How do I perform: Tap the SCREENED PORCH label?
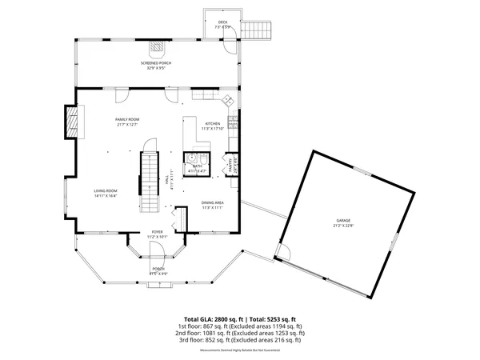pyautogui.click(x=156, y=63)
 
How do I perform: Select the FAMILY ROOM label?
pyautogui.click(x=128, y=119)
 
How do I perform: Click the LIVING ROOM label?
pyautogui.click(x=106, y=190)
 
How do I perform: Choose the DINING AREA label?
pyautogui.click(x=212, y=202)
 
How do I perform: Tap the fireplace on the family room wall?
pyautogui.click(x=73, y=124)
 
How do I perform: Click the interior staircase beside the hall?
pyautogui.click(x=150, y=180)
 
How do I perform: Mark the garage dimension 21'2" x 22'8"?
pyautogui.click(x=343, y=226)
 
